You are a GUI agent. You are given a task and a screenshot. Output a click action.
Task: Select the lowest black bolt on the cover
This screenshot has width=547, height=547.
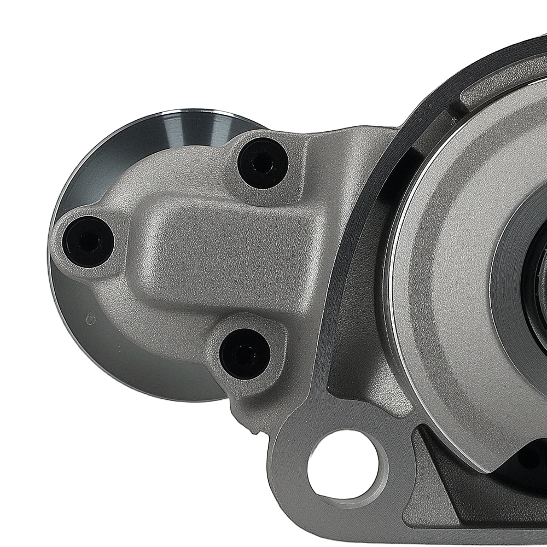(245, 354)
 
